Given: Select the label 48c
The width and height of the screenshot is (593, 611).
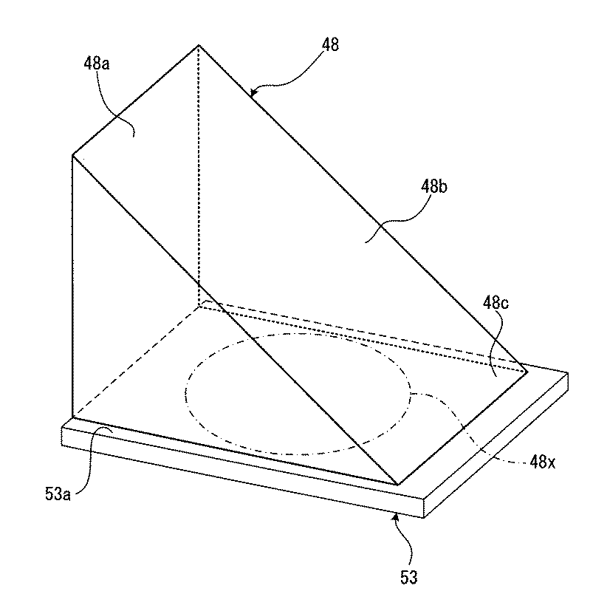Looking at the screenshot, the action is (x=494, y=303).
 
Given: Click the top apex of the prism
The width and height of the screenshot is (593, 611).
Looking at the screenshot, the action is (x=199, y=46).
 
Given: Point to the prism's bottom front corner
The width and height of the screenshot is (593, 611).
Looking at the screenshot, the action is (x=398, y=484).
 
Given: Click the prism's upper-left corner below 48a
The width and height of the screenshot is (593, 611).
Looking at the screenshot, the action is (x=72, y=154).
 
